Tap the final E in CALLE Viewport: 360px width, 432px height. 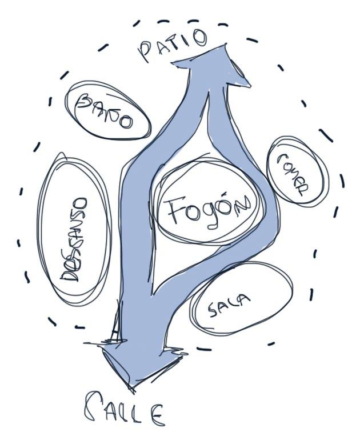[155, 413]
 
